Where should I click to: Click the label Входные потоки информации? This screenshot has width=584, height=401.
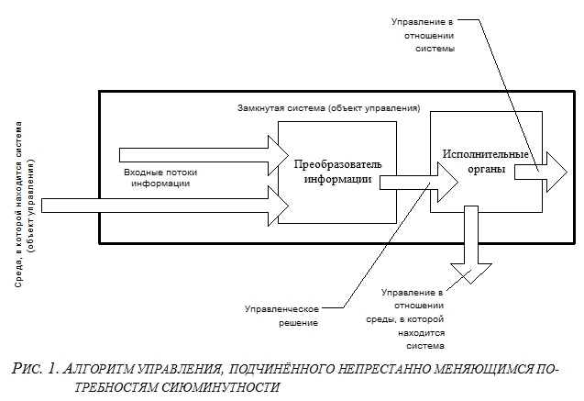tap(160, 177)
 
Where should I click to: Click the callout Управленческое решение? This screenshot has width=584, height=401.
tap(281, 316)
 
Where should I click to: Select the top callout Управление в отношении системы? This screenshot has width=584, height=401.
tap(423, 34)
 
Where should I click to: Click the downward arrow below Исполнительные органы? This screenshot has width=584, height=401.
tap(471, 248)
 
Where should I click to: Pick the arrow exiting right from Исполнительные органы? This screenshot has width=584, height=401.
tap(541, 171)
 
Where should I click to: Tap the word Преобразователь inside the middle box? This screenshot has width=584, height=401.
tap(337, 164)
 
